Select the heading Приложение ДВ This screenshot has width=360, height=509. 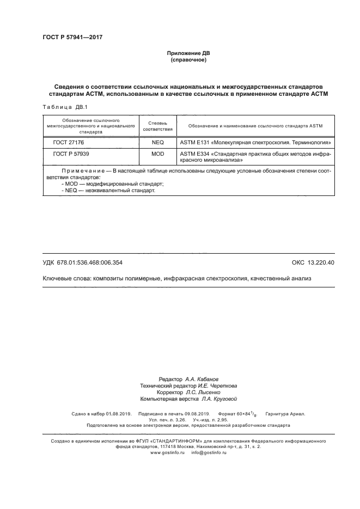tap(188, 53)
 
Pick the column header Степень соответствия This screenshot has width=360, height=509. tap(157, 126)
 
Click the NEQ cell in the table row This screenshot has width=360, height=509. tap(157, 142)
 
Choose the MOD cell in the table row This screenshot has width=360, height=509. tap(157, 154)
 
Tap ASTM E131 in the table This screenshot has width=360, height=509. tap(193, 142)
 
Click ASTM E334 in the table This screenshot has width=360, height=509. tap(193, 154)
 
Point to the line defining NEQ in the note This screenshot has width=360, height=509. tap(108, 191)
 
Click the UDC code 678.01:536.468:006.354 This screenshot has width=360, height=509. tap(90, 262)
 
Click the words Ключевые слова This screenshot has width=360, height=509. tap(66, 278)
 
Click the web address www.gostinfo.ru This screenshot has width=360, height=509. tap(168, 452)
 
